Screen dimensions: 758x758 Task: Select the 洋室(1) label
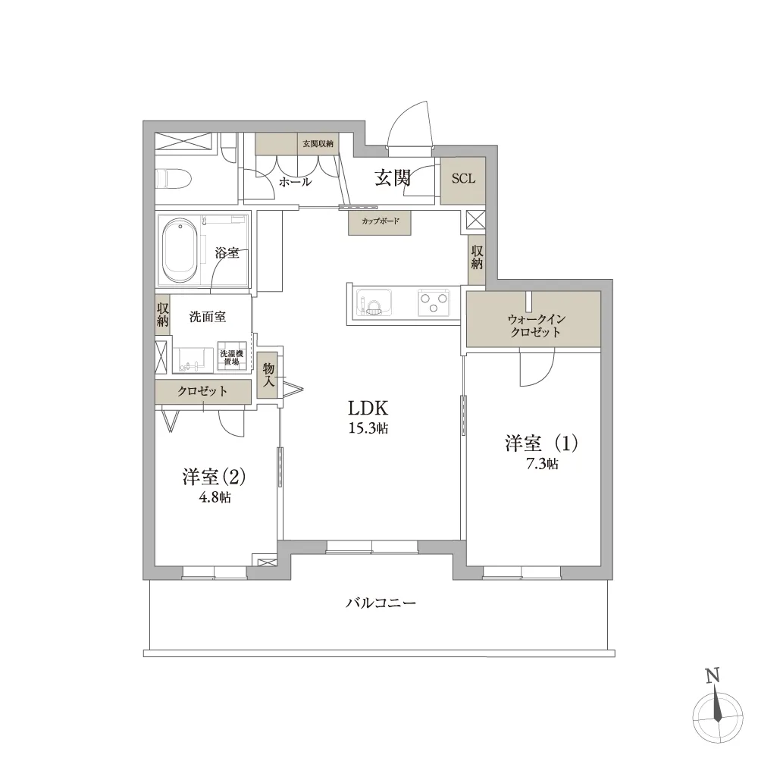531,443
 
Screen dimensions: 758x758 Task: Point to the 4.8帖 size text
215,498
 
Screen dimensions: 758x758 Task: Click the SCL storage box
462,180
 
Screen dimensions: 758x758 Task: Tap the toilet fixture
173,180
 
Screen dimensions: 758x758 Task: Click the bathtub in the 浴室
180,248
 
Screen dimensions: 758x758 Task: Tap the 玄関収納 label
318,143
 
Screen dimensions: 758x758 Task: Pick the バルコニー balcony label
381,603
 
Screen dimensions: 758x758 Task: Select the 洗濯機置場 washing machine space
232,358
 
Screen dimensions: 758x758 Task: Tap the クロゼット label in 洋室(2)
202,391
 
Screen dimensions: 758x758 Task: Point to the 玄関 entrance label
393,178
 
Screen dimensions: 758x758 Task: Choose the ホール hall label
295,182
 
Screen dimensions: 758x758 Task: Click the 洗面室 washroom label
208,317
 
